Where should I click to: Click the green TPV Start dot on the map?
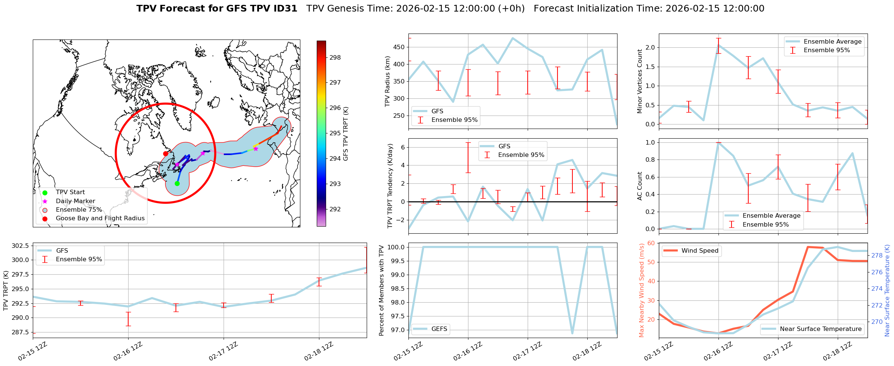point(177,183)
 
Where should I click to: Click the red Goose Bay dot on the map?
point(165,154)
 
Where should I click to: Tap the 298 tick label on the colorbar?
point(335,57)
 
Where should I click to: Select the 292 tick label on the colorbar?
point(335,209)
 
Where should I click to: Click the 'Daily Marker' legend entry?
point(75,201)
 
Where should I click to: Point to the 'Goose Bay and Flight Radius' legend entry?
point(100,218)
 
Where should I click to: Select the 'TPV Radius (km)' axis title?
point(388,81)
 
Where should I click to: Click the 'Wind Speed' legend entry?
point(699,251)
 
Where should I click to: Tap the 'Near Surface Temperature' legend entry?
point(821,329)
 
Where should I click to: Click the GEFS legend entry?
point(439,329)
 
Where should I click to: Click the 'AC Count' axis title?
point(640,186)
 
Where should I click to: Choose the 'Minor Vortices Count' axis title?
point(640,81)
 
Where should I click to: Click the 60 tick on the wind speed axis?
point(651,243)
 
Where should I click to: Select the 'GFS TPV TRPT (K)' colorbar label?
point(346,134)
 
